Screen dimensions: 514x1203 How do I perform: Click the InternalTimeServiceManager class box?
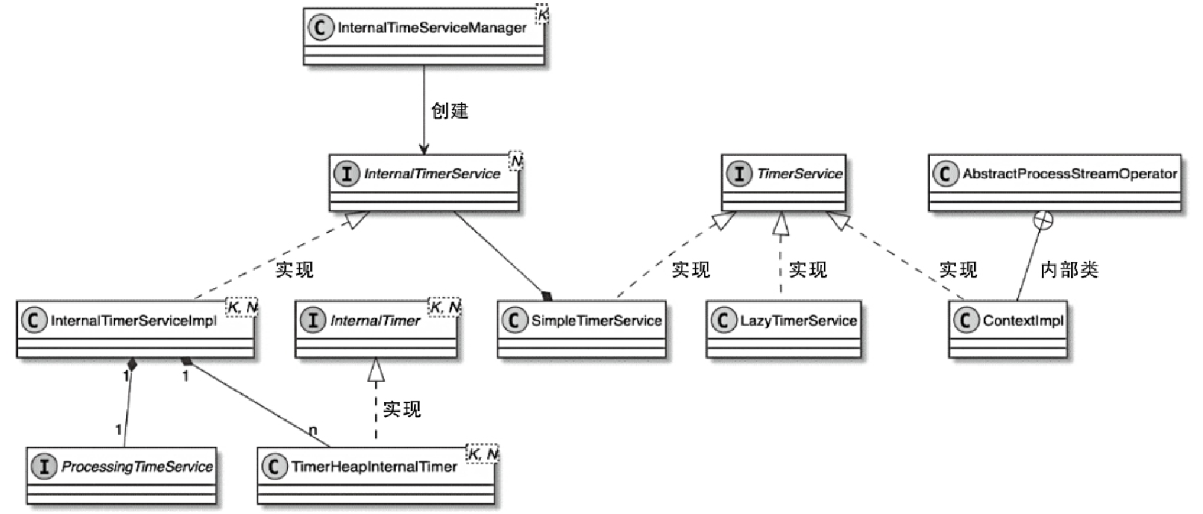coord(424,36)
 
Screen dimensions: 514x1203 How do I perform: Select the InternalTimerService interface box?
coord(424,182)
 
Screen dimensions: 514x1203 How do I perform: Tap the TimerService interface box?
coord(783,182)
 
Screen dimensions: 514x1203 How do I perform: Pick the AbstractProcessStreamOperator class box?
coord(1055,182)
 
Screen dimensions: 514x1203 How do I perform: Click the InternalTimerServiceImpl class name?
coord(134,321)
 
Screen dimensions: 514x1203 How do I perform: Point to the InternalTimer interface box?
coord(377,329)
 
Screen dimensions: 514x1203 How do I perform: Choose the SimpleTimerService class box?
coord(582,329)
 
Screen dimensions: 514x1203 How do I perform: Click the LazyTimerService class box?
coord(783,329)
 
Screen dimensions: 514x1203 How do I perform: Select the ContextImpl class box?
coord(1008,329)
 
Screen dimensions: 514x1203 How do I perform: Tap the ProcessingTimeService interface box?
coord(121,475)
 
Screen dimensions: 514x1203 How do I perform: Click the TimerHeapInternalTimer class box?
coord(375,475)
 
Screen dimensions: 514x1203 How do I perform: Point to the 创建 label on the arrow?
coord(450,111)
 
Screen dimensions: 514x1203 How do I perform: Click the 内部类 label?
coord(1069,270)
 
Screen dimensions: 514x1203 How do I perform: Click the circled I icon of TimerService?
coord(738,174)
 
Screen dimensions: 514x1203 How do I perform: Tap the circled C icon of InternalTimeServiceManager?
coord(320,28)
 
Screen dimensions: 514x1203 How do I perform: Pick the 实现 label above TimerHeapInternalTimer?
coord(402,409)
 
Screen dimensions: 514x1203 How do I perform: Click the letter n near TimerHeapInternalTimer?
coord(312,431)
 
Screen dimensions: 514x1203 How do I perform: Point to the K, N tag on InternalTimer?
coord(445,307)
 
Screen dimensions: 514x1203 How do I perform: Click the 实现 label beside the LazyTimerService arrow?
coord(808,270)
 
